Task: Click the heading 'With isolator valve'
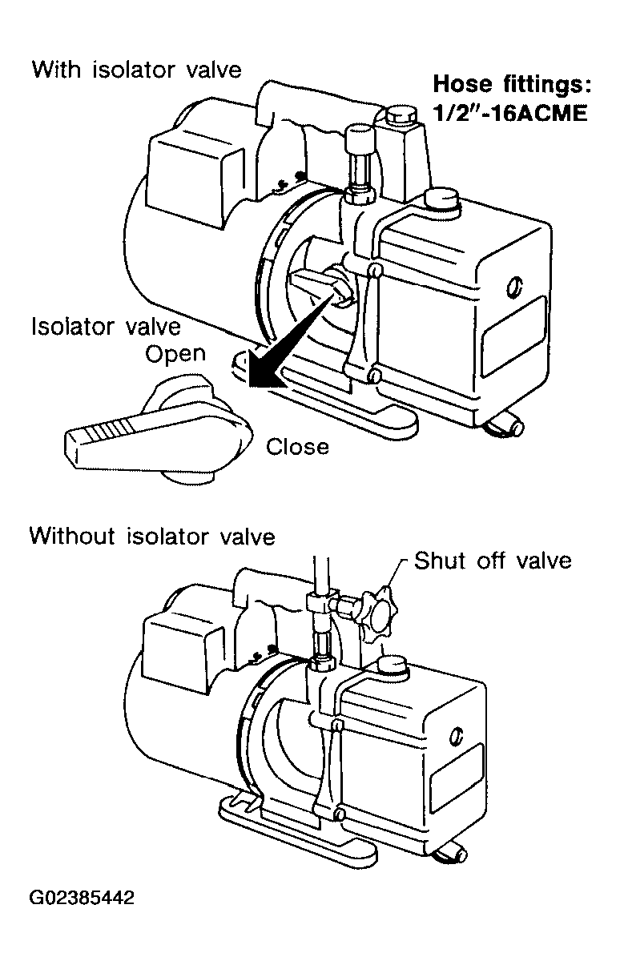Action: tap(137, 70)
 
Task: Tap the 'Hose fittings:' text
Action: tap(512, 84)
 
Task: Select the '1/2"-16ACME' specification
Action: tap(510, 113)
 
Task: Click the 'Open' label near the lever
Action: tap(175, 355)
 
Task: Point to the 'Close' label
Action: tap(297, 447)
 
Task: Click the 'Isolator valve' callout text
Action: tap(106, 327)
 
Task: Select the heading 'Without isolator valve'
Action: tap(152, 537)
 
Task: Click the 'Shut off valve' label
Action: tap(493, 561)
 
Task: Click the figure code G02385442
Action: tap(82, 899)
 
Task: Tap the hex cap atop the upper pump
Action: tap(401, 115)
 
